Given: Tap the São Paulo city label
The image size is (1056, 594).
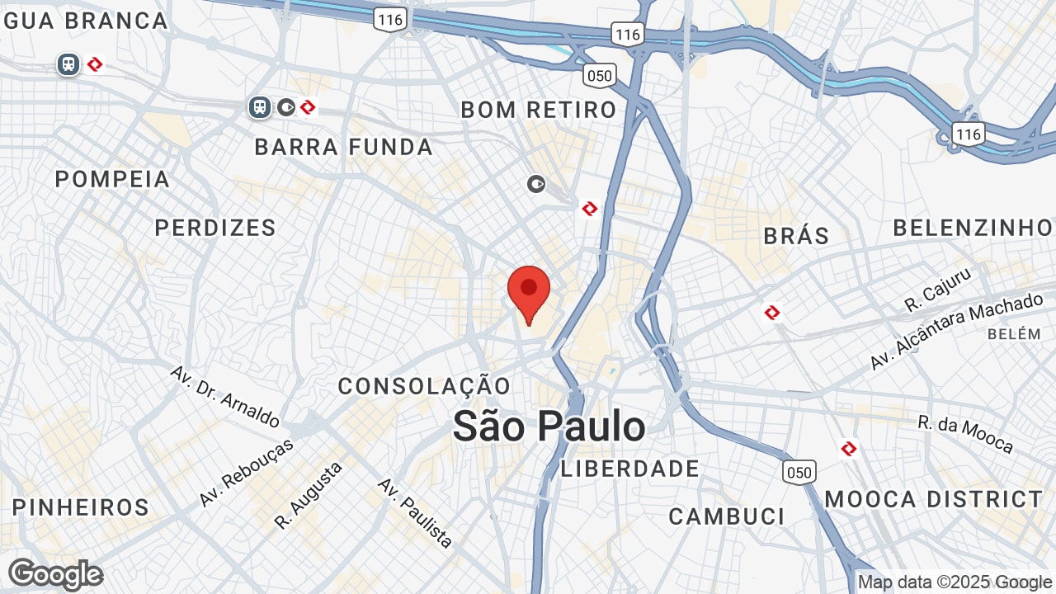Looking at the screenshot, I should [549, 427].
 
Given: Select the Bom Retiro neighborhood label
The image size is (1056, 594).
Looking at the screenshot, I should [539, 110].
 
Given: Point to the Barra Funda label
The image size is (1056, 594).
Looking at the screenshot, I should [343, 148].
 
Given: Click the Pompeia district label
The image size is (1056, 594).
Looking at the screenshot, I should [112, 179].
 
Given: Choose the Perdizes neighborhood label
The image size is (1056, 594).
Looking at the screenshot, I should [215, 228].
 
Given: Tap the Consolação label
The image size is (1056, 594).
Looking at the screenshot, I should [424, 385].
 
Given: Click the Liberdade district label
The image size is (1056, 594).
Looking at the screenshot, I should [630, 469].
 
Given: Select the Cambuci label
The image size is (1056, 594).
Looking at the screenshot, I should [727, 516].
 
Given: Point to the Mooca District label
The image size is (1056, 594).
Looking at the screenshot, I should [934, 499].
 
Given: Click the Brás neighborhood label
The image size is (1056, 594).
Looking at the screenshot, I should [796, 236].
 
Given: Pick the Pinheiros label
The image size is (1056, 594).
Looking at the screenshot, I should [81, 507].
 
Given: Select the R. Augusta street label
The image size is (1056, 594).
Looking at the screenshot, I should [309, 495].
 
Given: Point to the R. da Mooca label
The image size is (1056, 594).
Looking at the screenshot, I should [965, 434].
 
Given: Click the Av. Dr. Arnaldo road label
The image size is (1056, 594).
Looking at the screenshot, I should [224, 397].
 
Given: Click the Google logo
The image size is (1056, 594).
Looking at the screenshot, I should [55, 574].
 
